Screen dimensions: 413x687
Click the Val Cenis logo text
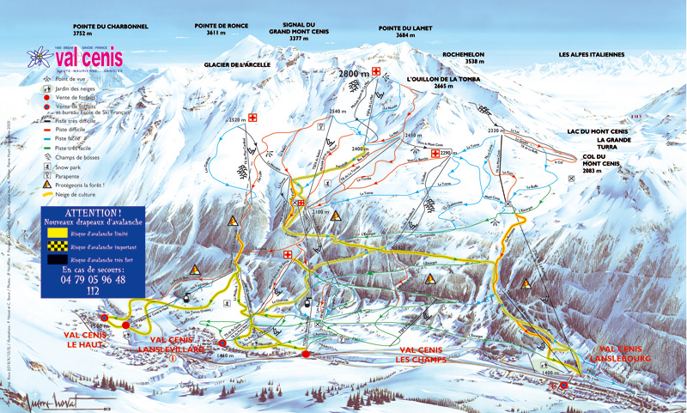pos(88,58)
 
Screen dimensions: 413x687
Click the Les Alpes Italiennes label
pos(592,54)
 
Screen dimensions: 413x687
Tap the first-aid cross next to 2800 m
pos(376,71)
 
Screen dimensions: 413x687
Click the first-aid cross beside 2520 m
pos(254,118)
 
